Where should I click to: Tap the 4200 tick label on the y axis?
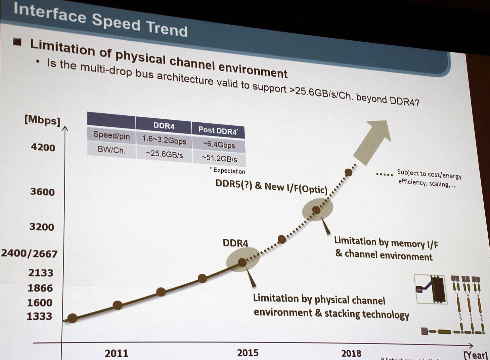tap(43, 147)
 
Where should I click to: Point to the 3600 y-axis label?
tap(42, 192)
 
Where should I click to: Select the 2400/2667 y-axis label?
tap(29, 253)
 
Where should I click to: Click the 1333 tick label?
tap(39, 316)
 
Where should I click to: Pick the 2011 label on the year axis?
tap(116, 353)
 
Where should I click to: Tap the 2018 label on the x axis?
tap(351, 353)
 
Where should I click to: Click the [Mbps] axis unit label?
tap(42, 120)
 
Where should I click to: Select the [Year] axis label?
tap(476, 355)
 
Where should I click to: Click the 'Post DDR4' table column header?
tap(218, 130)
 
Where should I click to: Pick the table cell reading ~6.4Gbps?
tap(219, 145)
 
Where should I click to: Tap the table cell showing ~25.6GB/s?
tap(164, 154)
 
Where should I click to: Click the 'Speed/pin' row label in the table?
tap(111, 135)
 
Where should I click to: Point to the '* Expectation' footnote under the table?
tap(227, 171)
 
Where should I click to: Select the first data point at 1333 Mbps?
tap(72, 318)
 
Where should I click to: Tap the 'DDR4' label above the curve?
tap(235, 243)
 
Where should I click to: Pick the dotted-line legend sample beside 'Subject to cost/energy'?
tap(384, 174)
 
